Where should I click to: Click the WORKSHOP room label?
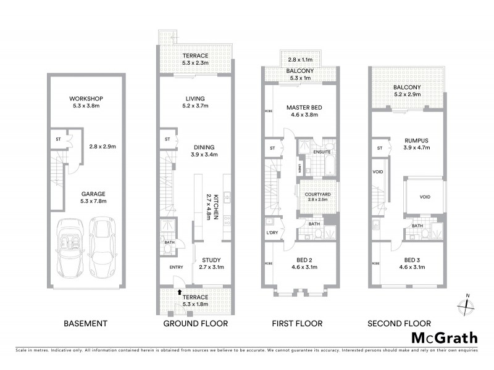(x=85, y=99)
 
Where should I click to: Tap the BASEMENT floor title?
(x=85, y=323)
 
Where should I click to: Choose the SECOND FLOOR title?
(x=399, y=323)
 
